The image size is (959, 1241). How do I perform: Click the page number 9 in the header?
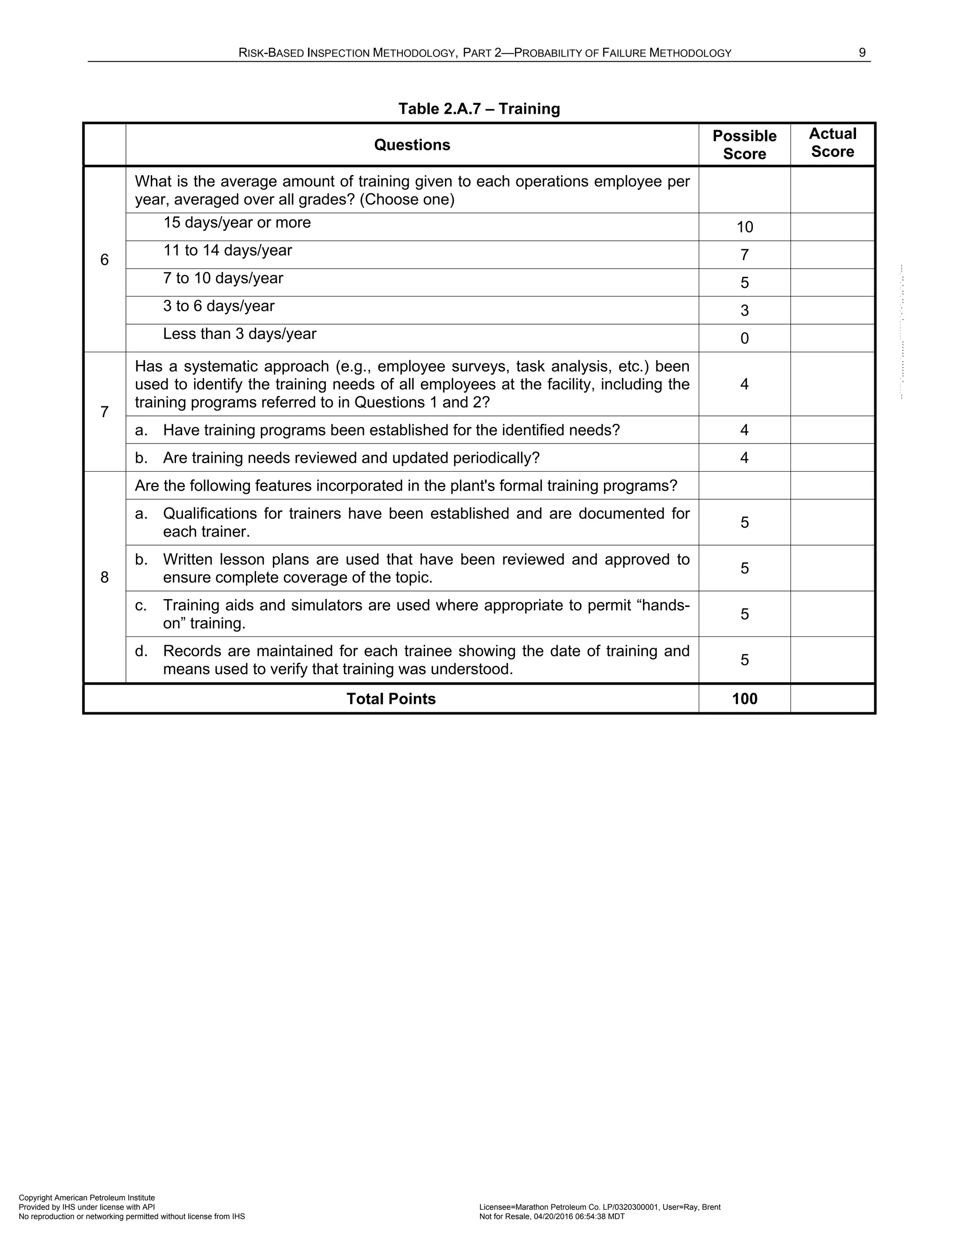[862, 53]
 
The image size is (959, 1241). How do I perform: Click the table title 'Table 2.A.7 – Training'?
[479, 109]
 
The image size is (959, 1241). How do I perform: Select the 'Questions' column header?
[412, 145]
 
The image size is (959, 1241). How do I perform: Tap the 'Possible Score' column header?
[744, 145]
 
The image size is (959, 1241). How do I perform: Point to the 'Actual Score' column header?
[832, 143]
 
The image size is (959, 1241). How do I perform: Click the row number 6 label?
[104, 260]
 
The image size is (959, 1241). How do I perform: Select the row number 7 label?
[104, 412]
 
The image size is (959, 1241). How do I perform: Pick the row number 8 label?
[104, 577]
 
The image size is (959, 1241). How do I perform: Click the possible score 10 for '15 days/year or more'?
[744, 227]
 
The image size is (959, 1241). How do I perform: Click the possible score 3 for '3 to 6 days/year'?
[744, 311]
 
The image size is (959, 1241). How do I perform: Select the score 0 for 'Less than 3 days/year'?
[744, 339]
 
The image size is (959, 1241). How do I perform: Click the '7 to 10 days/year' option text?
[223, 279]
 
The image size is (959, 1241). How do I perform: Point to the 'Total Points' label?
[391, 699]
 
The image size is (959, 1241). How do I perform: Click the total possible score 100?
[744, 699]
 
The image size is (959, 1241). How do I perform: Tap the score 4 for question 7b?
[744, 458]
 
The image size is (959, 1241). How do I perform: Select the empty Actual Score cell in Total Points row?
[832, 699]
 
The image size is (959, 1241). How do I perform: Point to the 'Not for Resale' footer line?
[552, 1217]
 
